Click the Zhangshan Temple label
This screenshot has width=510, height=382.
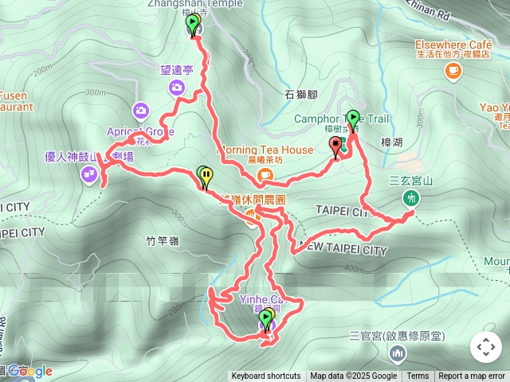[182, 3]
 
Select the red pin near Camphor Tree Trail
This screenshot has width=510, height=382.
[335, 146]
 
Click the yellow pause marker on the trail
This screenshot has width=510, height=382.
[207, 176]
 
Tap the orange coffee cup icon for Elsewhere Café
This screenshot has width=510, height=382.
[453, 72]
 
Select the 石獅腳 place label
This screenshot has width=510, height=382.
[300, 95]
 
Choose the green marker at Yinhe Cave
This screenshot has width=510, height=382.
[265, 318]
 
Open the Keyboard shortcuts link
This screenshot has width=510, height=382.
[266, 376]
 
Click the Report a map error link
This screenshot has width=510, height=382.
[472, 376]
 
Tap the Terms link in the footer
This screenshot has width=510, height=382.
[418, 376]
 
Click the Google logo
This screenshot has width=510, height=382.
[30, 371]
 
